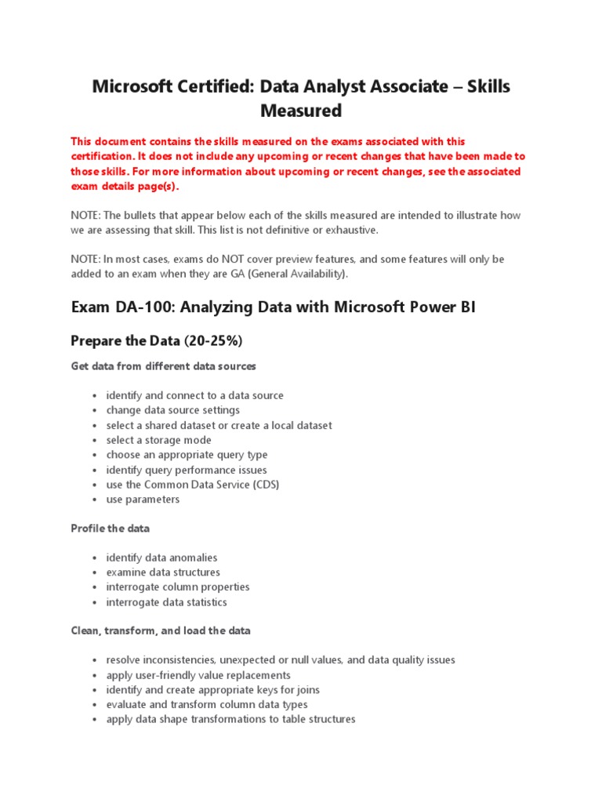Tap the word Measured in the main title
[301, 111]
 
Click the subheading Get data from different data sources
[163, 365]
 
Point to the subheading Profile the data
[110, 528]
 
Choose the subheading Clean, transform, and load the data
[161, 630]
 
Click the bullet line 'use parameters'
[143, 500]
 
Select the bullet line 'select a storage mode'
[158, 440]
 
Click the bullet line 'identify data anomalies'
[161, 558]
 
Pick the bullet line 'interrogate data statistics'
[166, 602]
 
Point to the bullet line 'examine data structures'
[163, 572]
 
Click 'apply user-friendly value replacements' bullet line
[198, 675]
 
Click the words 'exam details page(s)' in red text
[125, 187]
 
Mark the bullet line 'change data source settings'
[173, 410]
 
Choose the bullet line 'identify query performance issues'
[187, 470]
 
